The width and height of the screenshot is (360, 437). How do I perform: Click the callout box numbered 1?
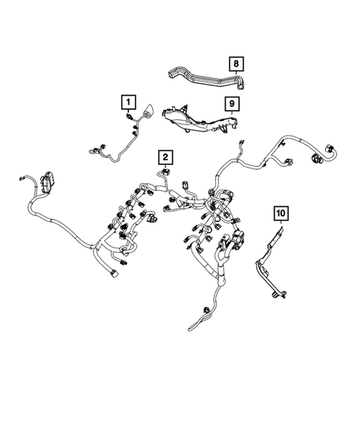tap(128, 101)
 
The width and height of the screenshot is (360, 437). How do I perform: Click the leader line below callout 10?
tap(282, 226)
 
